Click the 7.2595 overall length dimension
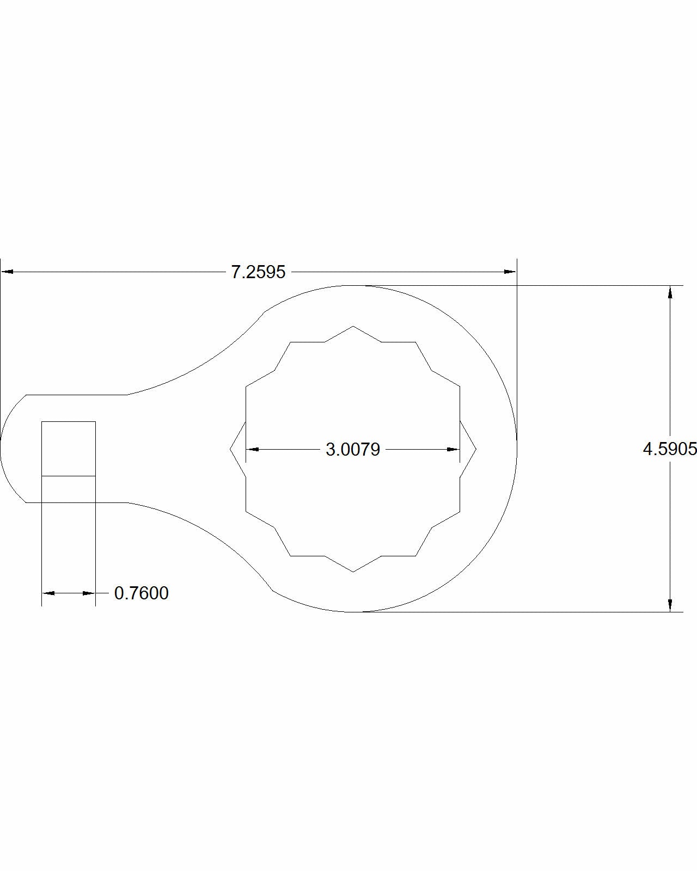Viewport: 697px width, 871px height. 258,272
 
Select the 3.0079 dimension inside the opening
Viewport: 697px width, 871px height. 353,449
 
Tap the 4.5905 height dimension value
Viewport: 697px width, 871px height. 670,449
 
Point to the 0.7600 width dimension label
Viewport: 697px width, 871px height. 142,593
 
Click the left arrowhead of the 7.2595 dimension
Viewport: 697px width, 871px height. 7,272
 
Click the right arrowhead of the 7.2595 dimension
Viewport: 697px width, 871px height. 510,272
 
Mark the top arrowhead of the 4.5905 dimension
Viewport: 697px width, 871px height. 670,292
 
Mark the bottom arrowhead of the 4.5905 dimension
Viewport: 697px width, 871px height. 670,605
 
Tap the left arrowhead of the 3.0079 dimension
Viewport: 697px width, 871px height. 252,449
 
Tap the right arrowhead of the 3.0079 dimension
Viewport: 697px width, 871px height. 453,449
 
